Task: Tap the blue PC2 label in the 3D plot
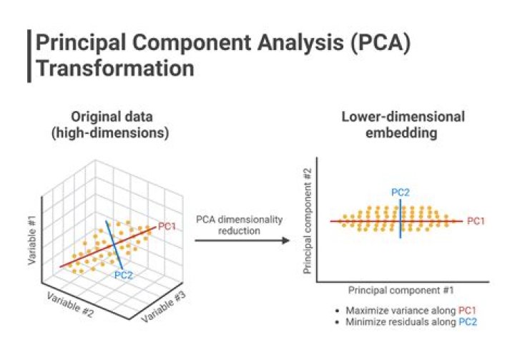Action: coord(124,273)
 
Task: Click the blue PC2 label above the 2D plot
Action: coord(400,192)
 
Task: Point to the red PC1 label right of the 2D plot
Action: coord(476,221)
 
